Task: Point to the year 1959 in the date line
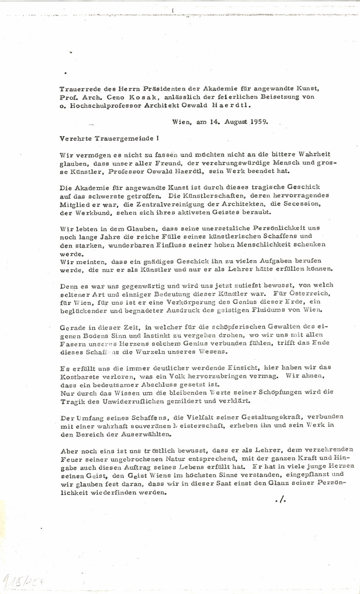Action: [260, 122]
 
